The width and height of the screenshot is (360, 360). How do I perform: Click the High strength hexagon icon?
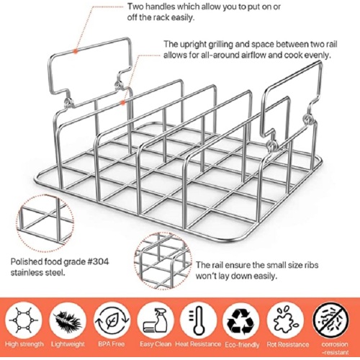click(x=23, y=320)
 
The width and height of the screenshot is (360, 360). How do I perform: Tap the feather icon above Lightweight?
click(x=68, y=320)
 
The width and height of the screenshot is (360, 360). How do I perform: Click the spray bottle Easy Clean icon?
click(x=156, y=320)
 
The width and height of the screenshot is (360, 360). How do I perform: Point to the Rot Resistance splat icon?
click(x=286, y=320)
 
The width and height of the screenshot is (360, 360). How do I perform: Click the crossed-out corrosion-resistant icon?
click(x=331, y=320)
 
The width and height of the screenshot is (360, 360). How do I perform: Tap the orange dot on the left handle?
click(x=76, y=51)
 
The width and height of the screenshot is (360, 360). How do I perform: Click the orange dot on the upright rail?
click(x=123, y=103)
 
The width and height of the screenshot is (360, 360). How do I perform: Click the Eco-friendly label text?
click(x=242, y=345)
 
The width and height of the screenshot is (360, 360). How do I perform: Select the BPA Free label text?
click(x=112, y=344)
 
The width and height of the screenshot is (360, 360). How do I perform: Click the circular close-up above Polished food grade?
click(x=45, y=224)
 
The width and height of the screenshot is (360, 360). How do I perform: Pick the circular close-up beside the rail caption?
click(x=163, y=261)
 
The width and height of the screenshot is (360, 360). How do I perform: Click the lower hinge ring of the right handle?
click(x=272, y=145)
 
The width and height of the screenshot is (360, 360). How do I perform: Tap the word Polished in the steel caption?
click(x=26, y=261)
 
